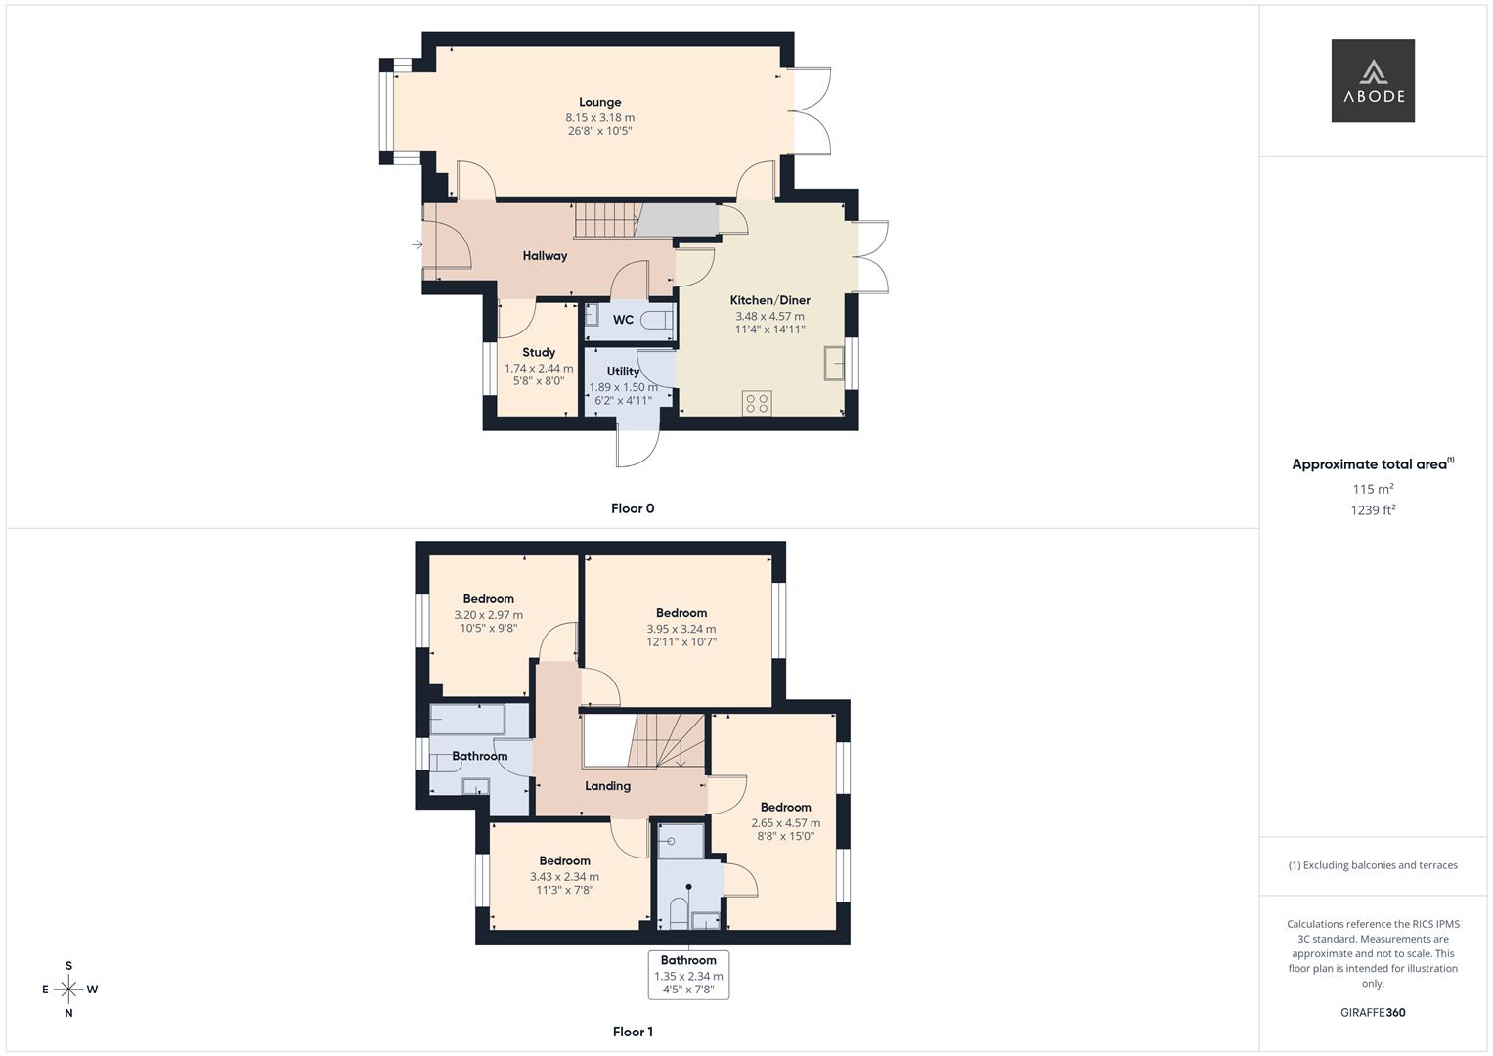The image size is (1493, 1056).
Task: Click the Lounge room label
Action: [x=599, y=102]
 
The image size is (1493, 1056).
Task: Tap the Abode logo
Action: [x=1373, y=81]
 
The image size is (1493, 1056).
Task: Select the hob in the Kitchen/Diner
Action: [x=757, y=403]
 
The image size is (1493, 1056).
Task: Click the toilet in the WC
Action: [x=662, y=318]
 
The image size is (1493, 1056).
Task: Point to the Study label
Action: [x=539, y=352]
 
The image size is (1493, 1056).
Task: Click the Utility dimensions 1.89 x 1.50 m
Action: [x=623, y=387]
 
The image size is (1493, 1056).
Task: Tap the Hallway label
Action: [x=545, y=256]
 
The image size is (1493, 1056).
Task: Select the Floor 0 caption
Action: [x=633, y=508]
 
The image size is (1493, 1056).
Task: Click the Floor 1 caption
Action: [x=633, y=1032]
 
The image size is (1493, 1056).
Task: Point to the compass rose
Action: [x=68, y=990]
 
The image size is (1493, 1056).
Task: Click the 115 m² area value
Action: [x=1373, y=489]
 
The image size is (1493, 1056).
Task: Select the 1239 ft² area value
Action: [x=1373, y=509]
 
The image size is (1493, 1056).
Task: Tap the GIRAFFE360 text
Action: [x=1373, y=1013]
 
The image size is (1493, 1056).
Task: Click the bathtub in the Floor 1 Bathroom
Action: [x=467, y=719]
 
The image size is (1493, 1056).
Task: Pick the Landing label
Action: [x=607, y=786]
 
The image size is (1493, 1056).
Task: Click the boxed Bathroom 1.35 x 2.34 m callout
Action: [x=688, y=975]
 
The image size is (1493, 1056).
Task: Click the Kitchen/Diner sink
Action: [x=834, y=363]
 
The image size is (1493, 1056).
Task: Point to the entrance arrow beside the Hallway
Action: [x=417, y=244]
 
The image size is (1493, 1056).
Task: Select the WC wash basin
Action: [x=592, y=315]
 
